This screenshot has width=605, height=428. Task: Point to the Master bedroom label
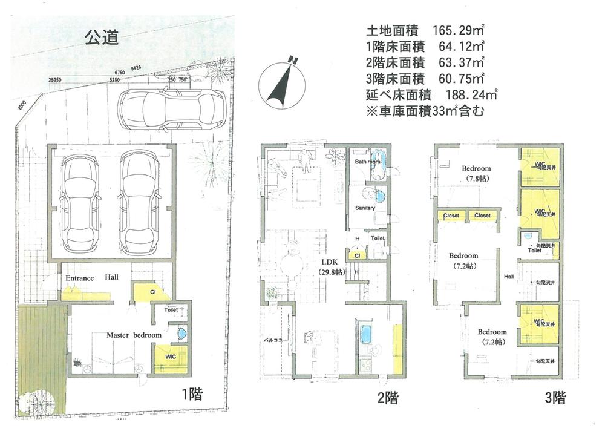[x=134, y=335]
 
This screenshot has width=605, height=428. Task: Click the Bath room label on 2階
[x=367, y=162]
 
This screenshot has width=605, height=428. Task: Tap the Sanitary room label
[x=365, y=208]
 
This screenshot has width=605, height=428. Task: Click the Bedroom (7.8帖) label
[x=476, y=173]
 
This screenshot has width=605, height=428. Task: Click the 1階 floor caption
[x=192, y=394]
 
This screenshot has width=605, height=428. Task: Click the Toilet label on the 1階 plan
[x=171, y=309]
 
